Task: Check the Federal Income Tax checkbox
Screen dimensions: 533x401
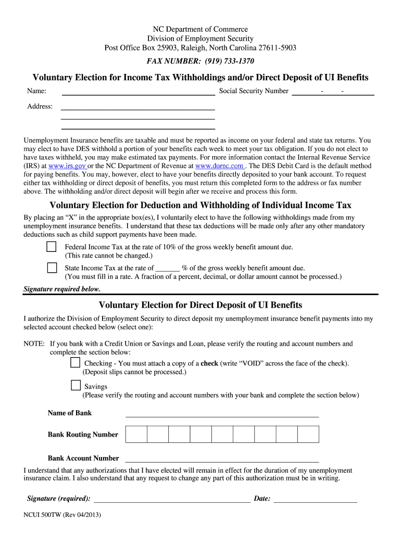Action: click(x=52, y=247)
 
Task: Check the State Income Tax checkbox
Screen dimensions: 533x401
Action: click(x=52, y=268)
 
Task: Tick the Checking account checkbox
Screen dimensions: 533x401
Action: click(x=76, y=363)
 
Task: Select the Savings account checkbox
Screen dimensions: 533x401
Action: click(x=76, y=386)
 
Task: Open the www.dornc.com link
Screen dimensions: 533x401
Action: click(x=219, y=166)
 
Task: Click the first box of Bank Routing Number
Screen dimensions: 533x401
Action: click(x=136, y=434)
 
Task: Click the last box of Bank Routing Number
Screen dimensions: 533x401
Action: click(x=308, y=434)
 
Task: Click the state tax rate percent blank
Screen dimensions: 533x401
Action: click(x=168, y=269)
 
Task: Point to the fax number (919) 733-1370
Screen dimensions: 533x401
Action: click(x=225, y=61)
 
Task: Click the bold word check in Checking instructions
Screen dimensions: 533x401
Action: click(x=209, y=363)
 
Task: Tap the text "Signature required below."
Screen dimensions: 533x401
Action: click(x=62, y=289)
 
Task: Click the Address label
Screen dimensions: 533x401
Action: click(x=40, y=106)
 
